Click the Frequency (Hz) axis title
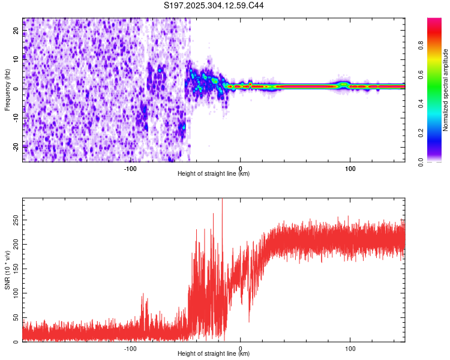[x=7, y=89]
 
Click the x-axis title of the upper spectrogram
[x=214, y=174]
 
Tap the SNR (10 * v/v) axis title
[x=7, y=269]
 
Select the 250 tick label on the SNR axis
[x=14, y=220]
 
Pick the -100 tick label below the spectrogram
[x=131, y=169]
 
